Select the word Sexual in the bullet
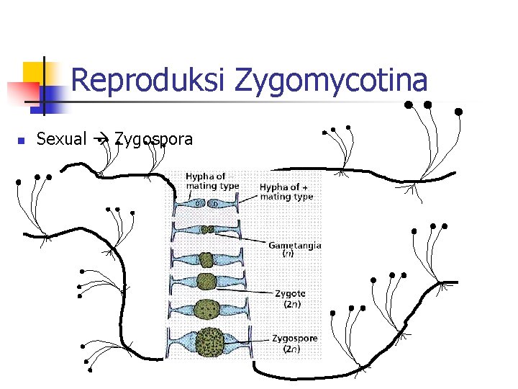pos(61,139)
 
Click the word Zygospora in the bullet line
pos(153,140)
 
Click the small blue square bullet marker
pos(22,140)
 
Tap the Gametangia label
pos(294,245)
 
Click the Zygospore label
pos(294,338)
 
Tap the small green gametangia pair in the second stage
pos(207,230)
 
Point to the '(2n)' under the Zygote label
pos(291,304)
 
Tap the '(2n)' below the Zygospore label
pos(291,349)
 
